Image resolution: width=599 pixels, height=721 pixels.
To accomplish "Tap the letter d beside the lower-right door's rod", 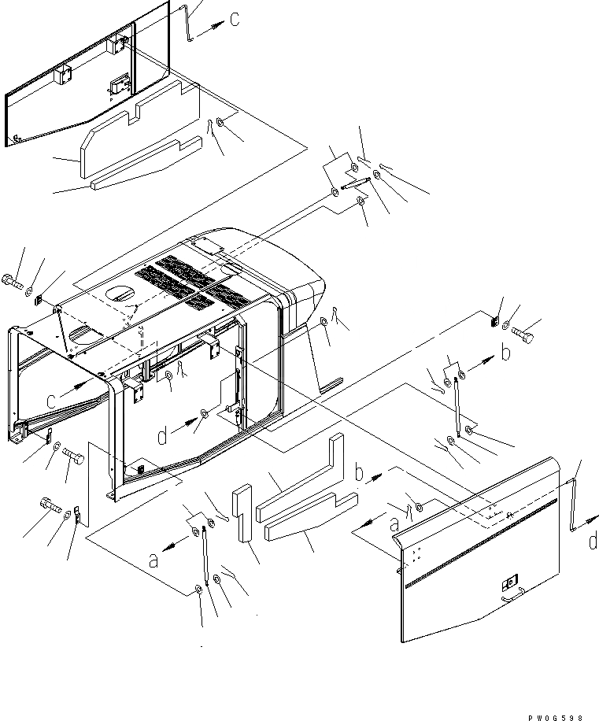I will pyautogui.click(x=592, y=541).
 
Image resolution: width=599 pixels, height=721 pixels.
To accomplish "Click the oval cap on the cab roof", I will pyautogui.click(x=120, y=294).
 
